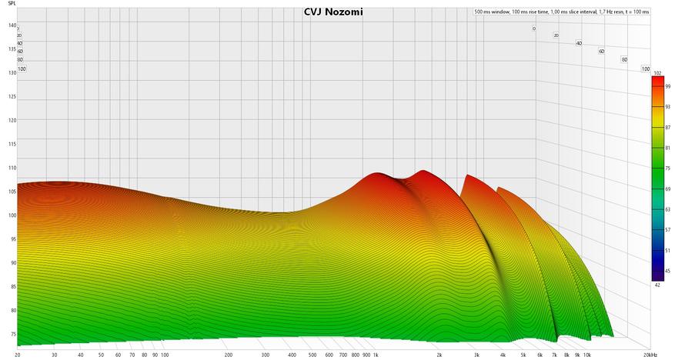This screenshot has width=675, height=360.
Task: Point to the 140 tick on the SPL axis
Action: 12,25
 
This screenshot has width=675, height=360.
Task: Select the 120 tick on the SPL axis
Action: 12,120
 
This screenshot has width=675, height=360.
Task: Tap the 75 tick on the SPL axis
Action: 12,335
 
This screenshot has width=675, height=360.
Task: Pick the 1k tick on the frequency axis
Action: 376,355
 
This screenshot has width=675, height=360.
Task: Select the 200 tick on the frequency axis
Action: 228,355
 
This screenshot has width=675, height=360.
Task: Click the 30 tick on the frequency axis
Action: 55,355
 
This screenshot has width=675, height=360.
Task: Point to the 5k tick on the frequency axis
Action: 523,355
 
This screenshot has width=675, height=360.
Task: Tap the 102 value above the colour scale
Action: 657,73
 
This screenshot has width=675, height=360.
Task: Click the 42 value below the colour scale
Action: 657,285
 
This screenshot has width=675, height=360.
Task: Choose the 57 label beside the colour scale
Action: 667,230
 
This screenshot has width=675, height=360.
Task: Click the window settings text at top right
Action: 562,12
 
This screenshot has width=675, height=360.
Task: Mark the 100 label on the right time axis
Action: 647,68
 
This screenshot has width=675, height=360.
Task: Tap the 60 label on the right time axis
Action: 602,52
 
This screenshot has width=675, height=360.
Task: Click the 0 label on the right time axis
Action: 533,28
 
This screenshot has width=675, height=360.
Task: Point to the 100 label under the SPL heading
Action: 22,68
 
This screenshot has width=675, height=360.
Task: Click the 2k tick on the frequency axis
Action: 439,355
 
